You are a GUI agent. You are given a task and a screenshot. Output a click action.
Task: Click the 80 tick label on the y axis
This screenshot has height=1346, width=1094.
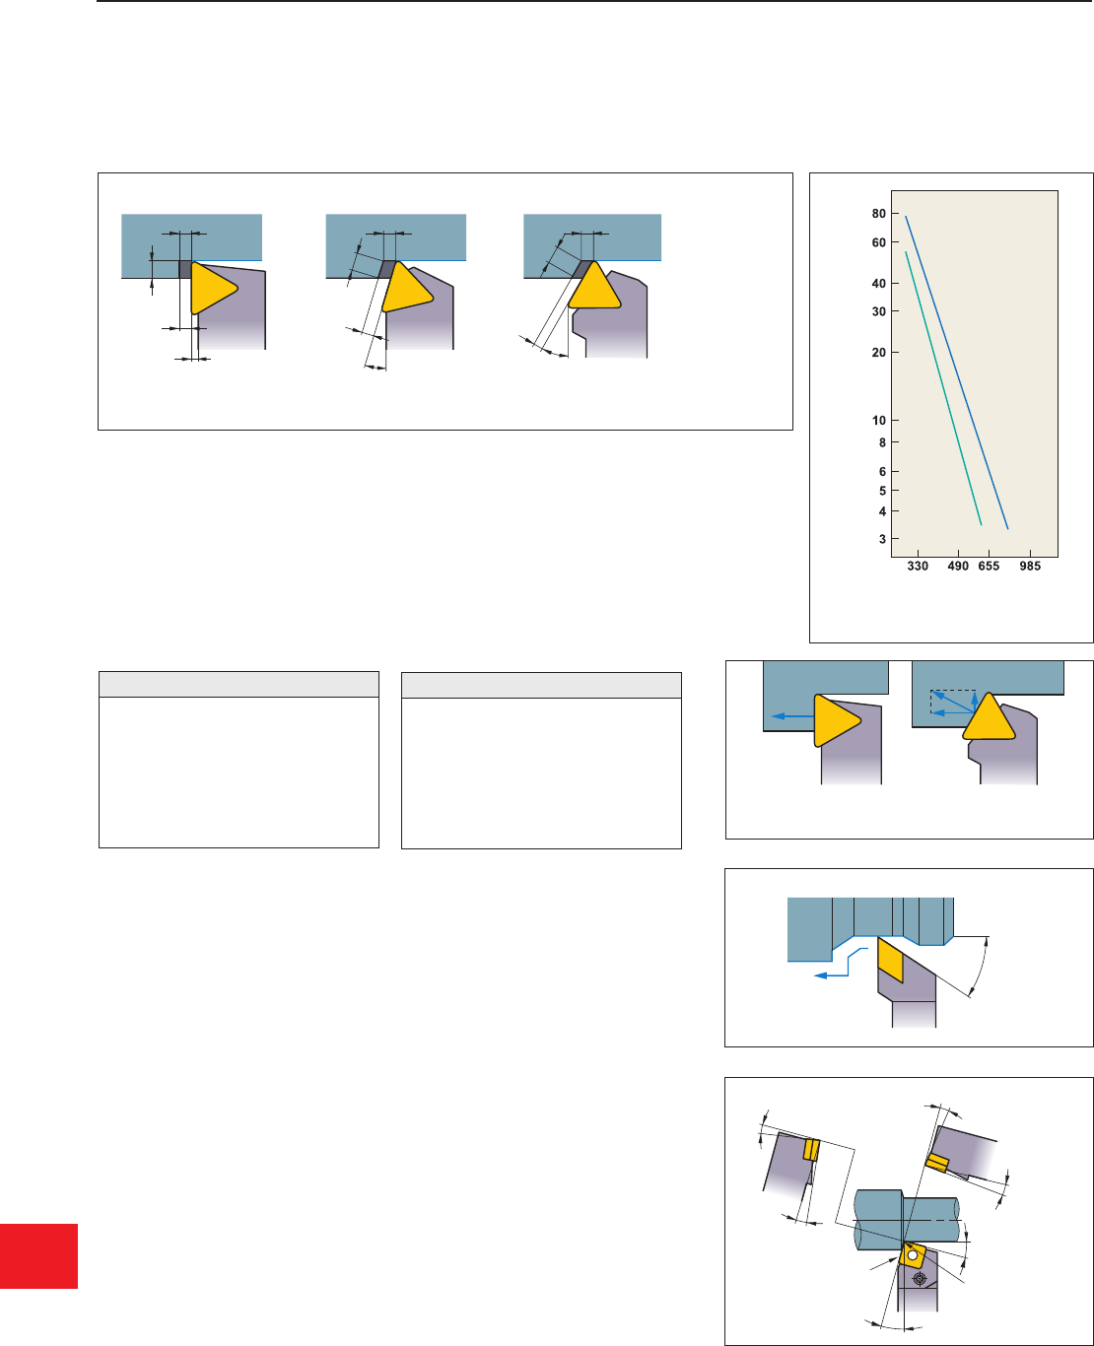coord(878,214)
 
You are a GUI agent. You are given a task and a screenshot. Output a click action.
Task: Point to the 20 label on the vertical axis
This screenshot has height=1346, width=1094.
coord(878,353)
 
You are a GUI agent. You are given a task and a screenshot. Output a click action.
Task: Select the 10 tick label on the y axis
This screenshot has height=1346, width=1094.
coord(878,420)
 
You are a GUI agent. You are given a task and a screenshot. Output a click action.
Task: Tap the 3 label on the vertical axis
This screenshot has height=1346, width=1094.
coord(882,539)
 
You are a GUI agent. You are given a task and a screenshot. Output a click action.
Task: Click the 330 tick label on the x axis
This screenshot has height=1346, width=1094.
coord(918,567)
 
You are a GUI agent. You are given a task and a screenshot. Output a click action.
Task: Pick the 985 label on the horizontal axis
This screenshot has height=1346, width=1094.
coord(1030,567)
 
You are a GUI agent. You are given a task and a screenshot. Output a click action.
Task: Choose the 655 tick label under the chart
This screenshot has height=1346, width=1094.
coord(990,567)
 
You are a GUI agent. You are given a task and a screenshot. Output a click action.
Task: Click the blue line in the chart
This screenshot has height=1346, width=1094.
coord(957,372)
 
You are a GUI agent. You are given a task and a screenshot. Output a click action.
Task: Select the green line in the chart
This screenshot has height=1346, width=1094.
coord(943,388)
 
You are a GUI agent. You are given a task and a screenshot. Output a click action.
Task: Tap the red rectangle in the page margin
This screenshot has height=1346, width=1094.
coord(38,1255)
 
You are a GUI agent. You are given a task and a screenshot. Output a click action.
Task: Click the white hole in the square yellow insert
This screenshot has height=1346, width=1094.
coord(912,1255)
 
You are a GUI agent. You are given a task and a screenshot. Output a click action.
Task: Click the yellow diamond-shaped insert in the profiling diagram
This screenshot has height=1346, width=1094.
coord(890,960)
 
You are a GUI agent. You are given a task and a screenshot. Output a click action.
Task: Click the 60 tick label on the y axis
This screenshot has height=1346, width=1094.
coord(878,242)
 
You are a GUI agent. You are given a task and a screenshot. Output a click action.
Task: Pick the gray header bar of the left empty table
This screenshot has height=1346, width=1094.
coord(239,685)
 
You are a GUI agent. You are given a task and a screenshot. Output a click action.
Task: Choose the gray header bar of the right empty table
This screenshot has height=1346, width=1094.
coord(542,685)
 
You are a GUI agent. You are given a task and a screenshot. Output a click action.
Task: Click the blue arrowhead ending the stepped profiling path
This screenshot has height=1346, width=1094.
coord(821,976)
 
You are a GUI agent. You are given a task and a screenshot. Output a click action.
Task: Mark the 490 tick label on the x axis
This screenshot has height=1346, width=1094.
coord(958,567)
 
